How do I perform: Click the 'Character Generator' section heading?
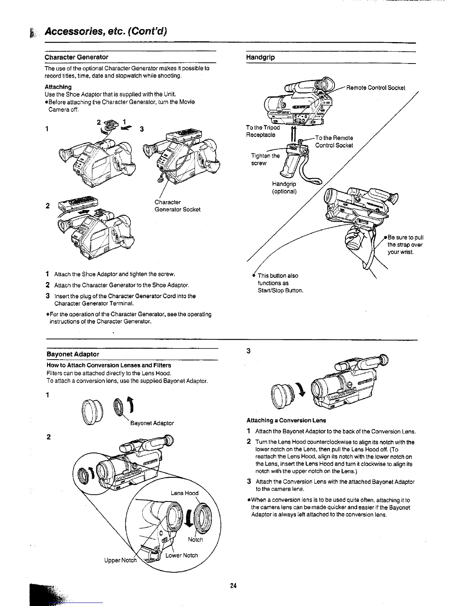[76, 57]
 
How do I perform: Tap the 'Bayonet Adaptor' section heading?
[73, 354]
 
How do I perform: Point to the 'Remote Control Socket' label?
[375, 88]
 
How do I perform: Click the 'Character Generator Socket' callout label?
[177, 206]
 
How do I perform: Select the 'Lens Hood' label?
[184, 493]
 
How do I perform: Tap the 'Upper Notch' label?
[120, 560]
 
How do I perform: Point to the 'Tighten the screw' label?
[265, 160]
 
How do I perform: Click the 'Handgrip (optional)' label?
[284, 188]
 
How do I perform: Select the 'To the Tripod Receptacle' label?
[263, 131]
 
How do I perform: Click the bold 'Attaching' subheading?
[58, 87]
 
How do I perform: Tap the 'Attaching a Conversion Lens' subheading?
[286, 420]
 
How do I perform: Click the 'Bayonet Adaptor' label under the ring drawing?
[152, 423]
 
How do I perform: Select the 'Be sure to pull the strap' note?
[405, 245]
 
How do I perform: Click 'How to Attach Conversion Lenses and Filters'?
[109, 365]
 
